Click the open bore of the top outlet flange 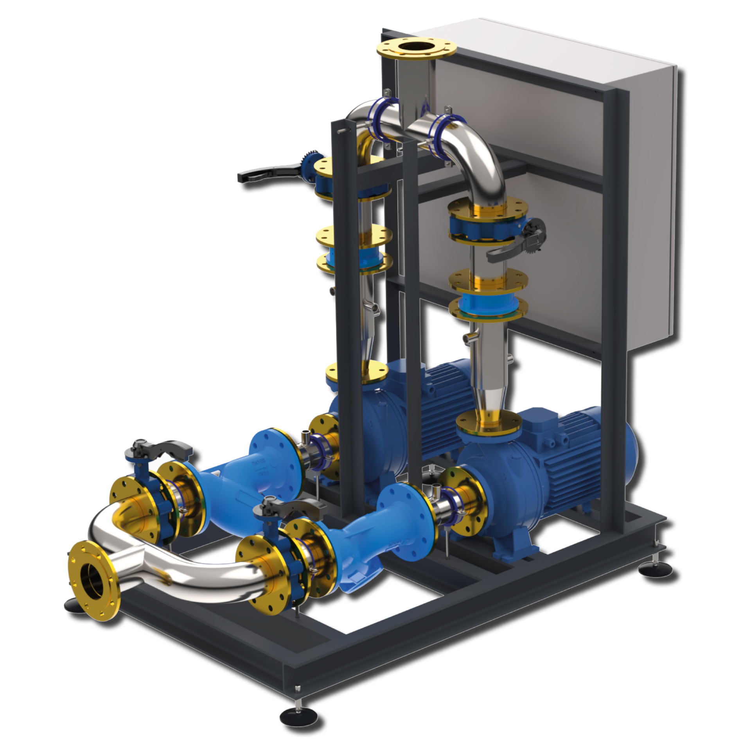(x=416, y=50)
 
